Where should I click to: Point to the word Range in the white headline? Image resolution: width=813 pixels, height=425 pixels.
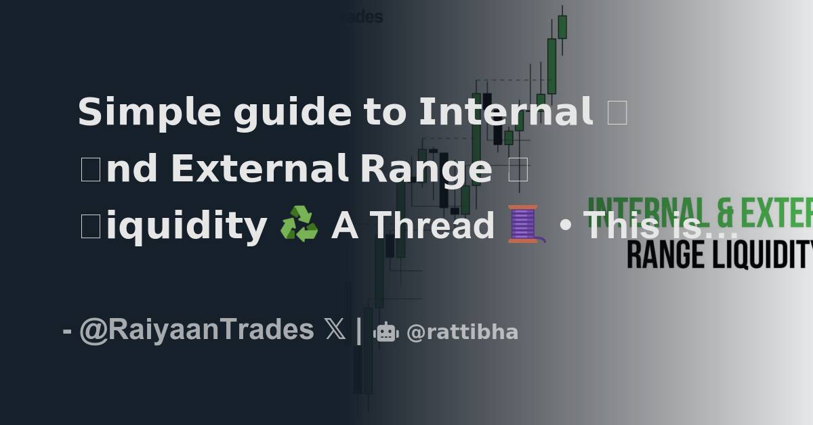pyautogui.click(x=426, y=169)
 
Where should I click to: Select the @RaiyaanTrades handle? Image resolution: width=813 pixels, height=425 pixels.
pyautogui.click(x=196, y=330)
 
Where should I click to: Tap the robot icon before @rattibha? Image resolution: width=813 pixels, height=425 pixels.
pyautogui.click(x=385, y=332)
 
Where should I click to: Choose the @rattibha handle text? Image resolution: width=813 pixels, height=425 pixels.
pyautogui.click(x=462, y=332)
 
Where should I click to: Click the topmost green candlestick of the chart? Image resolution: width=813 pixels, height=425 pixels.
pyautogui.click(x=562, y=26)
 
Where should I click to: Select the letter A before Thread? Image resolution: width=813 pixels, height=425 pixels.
pyautogui.click(x=344, y=225)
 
